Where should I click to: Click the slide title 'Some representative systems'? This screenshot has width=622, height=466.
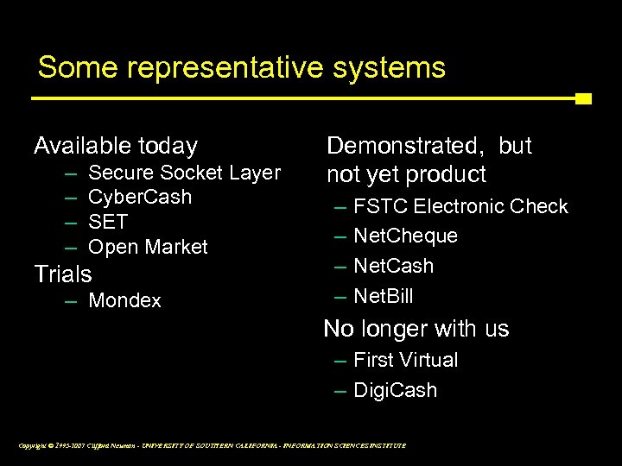(x=241, y=67)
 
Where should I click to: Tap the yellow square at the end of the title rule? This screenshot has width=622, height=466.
(x=583, y=98)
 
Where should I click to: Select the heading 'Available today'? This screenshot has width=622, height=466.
(x=116, y=146)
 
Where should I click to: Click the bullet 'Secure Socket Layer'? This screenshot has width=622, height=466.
(x=185, y=173)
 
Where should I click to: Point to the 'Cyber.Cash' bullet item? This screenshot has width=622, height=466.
(x=141, y=198)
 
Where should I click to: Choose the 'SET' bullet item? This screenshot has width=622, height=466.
(x=109, y=222)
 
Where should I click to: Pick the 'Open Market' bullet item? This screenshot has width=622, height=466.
(x=149, y=247)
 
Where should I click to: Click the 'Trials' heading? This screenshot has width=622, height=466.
(x=62, y=274)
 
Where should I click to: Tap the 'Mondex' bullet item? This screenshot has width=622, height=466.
(x=125, y=301)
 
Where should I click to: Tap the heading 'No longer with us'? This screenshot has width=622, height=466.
(x=416, y=329)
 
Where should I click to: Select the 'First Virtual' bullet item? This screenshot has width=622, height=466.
(x=406, y=360)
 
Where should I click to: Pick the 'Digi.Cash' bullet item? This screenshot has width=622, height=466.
(x=396, y=390)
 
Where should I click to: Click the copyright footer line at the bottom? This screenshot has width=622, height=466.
(x=211, y=445)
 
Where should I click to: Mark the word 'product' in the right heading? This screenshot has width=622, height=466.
(x=443, y=175)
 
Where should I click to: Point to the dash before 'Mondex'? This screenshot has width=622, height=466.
(x=71, y=301)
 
